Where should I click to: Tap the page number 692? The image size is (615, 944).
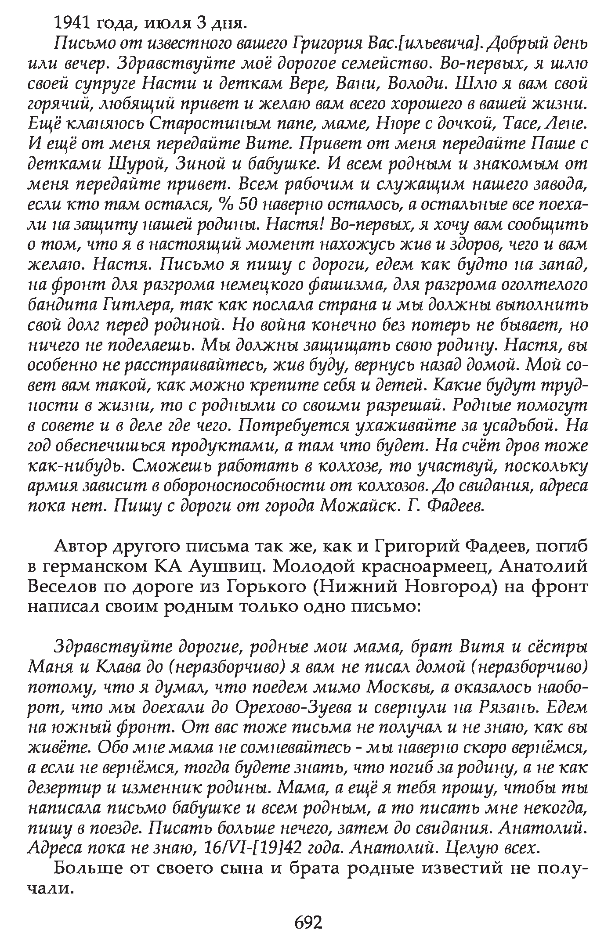pos(308,922)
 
